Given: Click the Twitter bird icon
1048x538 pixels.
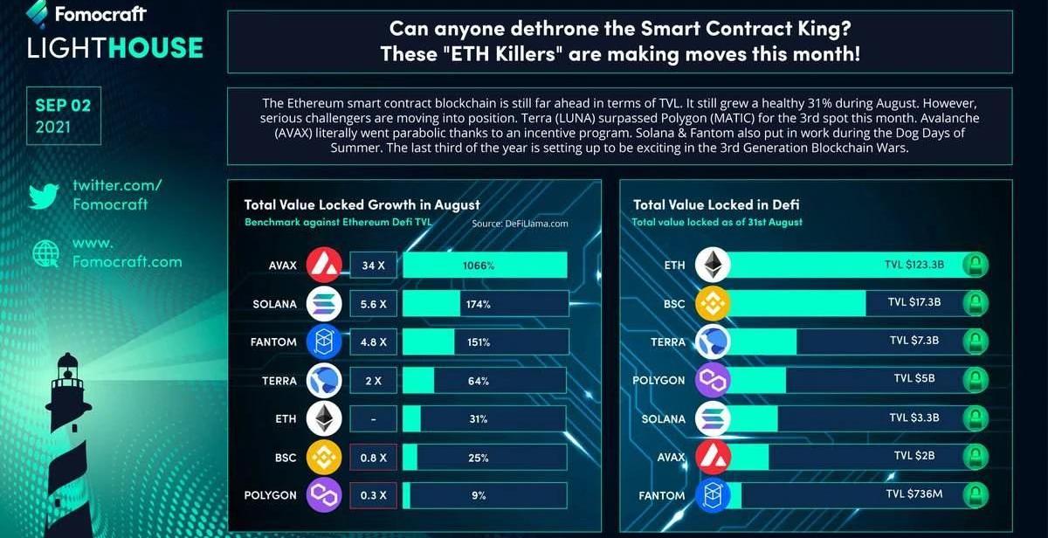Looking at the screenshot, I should pos(43,195).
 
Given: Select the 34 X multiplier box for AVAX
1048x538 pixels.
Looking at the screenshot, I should pos(375,265).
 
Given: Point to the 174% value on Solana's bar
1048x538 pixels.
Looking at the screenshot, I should pos(479,304).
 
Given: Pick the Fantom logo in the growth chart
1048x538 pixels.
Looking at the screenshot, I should pos(324,342).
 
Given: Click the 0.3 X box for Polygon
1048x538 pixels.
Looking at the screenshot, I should pos(375,495).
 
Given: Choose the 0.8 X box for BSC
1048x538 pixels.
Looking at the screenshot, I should pos(375,457).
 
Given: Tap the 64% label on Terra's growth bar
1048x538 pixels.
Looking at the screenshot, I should pos(479,381).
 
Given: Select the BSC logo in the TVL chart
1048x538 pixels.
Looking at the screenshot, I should pos(713,303).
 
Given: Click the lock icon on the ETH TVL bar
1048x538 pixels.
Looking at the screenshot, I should pos(976,265).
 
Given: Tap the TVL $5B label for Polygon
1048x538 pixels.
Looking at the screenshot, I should pos(914,379).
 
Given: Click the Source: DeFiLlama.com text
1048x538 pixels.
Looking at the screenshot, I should pos(521,224).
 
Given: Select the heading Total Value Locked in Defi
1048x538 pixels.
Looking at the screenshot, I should pos(716,204).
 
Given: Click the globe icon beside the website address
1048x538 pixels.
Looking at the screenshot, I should pos(44,252).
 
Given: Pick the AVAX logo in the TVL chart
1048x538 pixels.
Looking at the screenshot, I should pos(713,457).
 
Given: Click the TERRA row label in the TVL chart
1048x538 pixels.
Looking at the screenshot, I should pos(668,341).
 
